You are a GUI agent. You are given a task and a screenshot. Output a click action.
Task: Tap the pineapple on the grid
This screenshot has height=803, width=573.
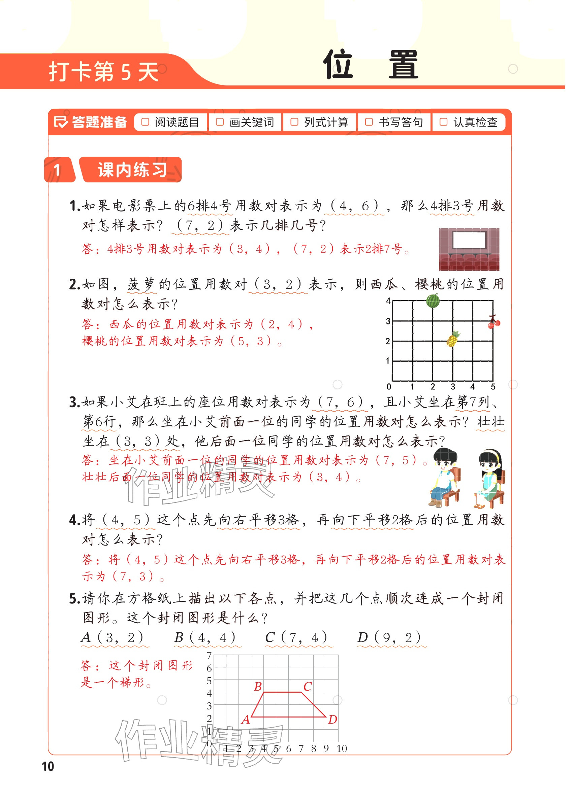point(453,339)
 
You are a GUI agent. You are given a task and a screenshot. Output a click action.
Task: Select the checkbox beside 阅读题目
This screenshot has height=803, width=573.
point(145,122)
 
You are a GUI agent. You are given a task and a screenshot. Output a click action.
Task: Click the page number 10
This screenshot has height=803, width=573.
point(48,767)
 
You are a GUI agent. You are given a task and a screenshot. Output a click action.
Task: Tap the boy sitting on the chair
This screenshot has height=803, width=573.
point(443,477)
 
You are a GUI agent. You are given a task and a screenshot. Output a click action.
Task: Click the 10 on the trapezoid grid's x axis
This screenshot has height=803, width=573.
point(342,748)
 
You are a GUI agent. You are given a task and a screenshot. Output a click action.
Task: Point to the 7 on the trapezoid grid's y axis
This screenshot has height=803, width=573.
point(209,656)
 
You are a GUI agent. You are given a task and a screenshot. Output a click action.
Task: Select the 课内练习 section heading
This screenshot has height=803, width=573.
point(132,170)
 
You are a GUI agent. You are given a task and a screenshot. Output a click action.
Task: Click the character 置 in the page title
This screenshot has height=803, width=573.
point(403,65)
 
